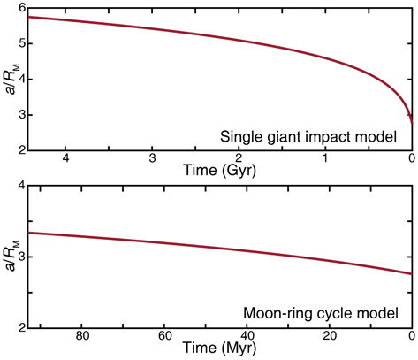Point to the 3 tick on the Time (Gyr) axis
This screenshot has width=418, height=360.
pos(154,159)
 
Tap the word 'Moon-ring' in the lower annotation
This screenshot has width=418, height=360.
pos(283,312)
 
